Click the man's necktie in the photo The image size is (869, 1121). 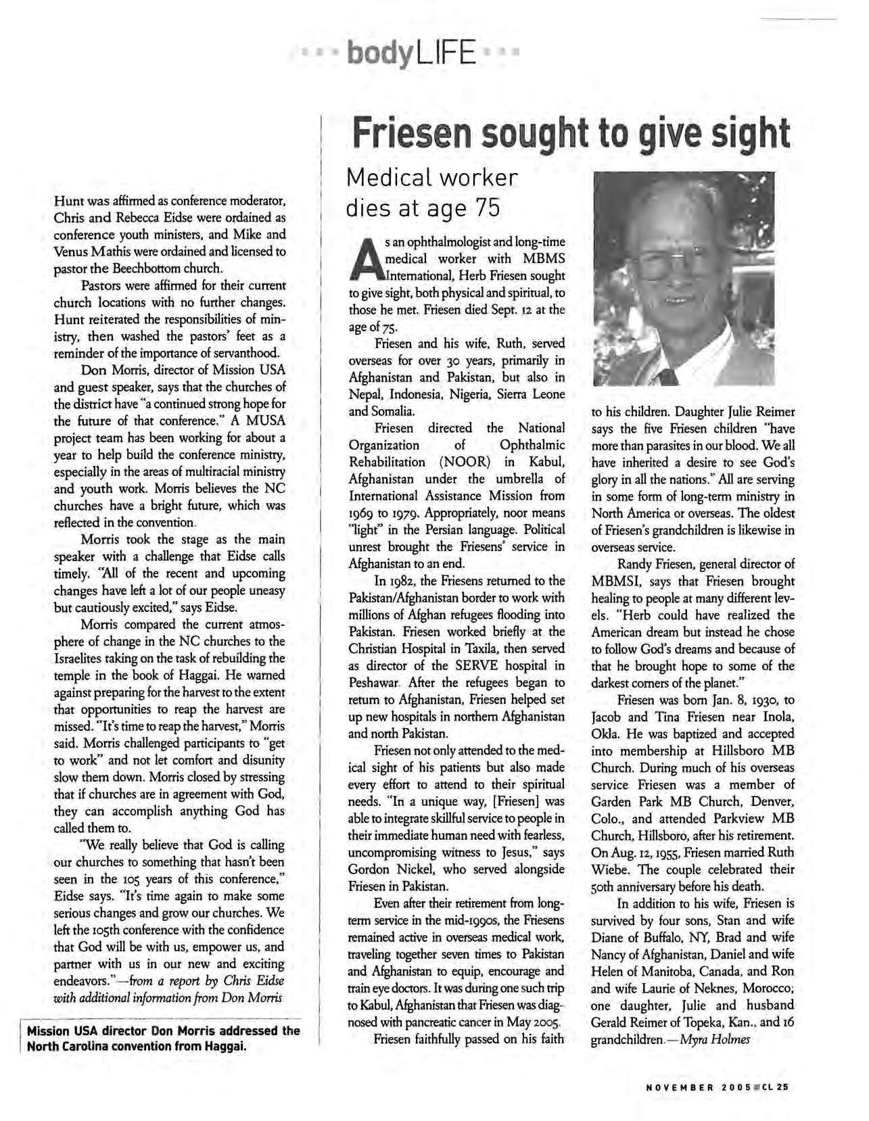pos(670,376)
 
